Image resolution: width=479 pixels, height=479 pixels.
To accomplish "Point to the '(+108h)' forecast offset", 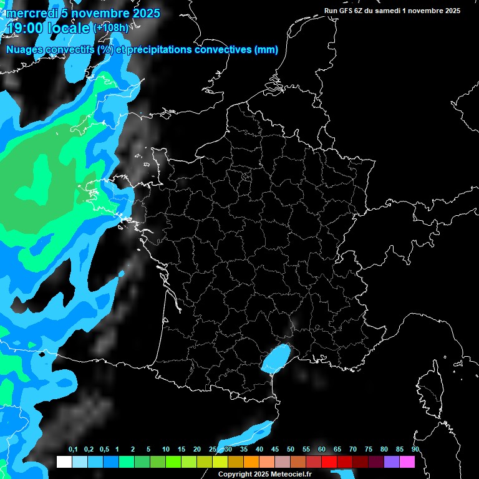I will (x=112, y=28).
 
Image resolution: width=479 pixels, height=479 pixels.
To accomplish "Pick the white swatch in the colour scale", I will (x=64, y=462).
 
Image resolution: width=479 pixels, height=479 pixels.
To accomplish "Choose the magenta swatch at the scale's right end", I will (x=407, y=462).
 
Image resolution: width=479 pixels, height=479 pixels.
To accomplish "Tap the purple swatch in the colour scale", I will (x=392, y=462).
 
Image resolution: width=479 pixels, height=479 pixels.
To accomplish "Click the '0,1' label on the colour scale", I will (x=73, y=450).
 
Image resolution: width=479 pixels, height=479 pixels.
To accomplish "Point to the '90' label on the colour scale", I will (x=415, y=450).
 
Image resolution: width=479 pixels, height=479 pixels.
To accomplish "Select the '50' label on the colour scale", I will (x=291, y=450).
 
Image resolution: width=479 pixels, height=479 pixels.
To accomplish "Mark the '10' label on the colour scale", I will (x=165, y=450).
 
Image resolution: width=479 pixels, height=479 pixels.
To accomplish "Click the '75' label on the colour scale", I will (x=369, y=450).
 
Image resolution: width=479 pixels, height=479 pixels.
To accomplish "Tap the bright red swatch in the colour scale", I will (x=329, y=462).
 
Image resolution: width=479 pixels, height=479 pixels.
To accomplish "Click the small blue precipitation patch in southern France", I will (x=275, y=358).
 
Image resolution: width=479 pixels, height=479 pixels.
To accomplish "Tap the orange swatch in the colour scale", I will (x=251, y=462).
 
